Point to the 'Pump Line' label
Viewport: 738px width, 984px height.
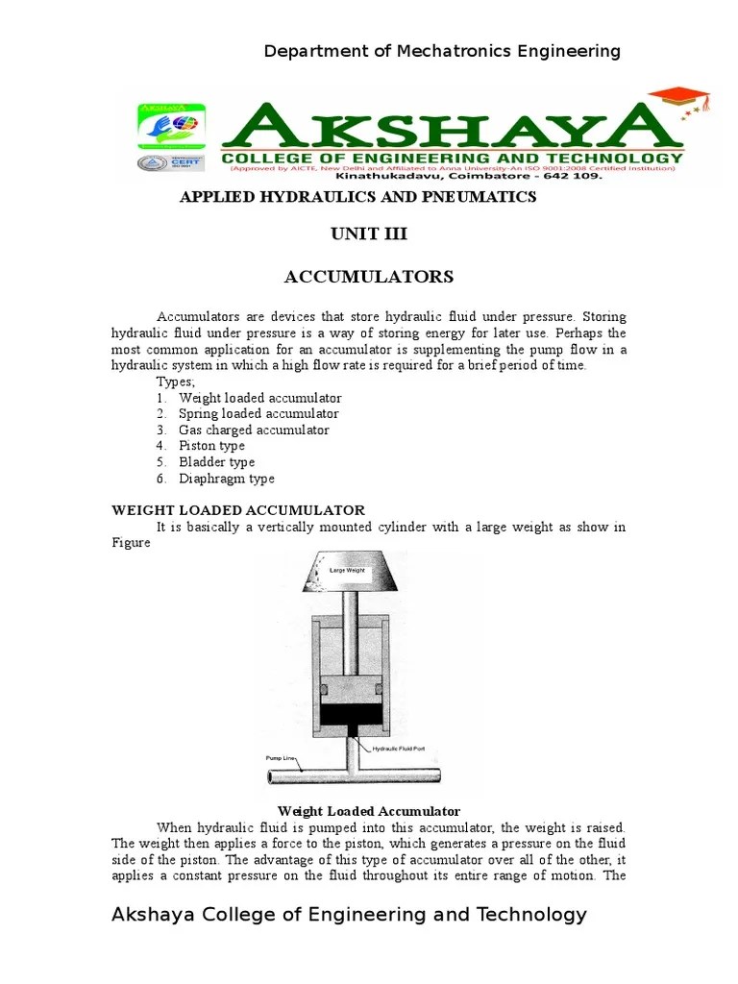tap(279, 758)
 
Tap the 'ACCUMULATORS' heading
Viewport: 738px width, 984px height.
tap(369, 277)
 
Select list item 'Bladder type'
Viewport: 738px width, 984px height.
tap(216, 462)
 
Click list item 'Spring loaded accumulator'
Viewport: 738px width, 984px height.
tap(258, 414)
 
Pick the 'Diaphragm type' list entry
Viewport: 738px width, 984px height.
tap(226, 479)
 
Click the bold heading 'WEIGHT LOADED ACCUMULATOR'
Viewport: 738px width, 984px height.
tap(238, 510)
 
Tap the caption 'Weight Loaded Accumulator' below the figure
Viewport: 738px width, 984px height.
tap(369, 811)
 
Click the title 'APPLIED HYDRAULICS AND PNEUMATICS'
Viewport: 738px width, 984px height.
tap(358, 197)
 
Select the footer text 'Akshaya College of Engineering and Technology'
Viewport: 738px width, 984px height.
tap(349, 915)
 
